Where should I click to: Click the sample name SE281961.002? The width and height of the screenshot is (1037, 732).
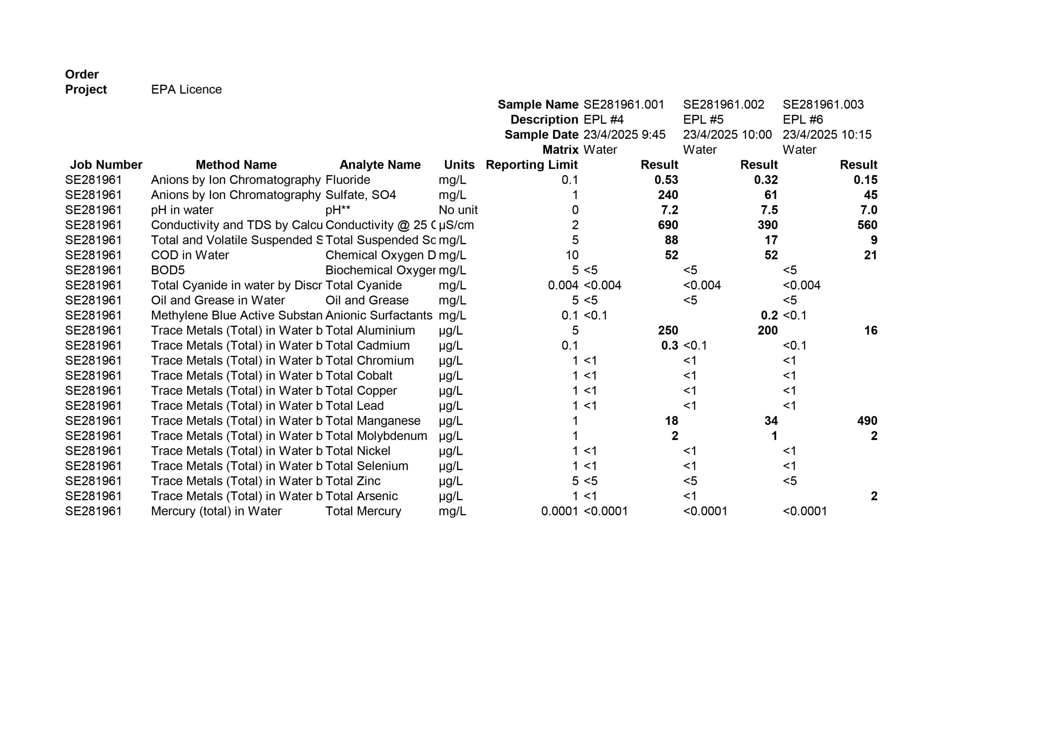coord(723,105)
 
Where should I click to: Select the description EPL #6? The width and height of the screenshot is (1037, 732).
coord(802,120)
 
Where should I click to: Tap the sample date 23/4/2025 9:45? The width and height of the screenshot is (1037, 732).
coord(624,134)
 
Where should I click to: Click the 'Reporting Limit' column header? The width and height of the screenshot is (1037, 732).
coord(531,165)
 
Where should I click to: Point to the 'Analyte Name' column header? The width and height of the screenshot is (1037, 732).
coord(380,165)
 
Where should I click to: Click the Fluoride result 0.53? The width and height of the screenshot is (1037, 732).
coord(666,180)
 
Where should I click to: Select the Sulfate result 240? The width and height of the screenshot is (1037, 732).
coord(668,195)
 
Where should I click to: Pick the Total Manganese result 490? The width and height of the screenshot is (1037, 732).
coord(867,420)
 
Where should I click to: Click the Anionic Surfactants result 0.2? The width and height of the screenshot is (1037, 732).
coord(769,316)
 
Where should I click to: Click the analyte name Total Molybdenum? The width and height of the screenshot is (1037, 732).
coord(376,436)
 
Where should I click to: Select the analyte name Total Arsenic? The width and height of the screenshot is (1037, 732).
coord(361,496)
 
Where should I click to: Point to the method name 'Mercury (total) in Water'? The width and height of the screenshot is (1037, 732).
coord(216,511)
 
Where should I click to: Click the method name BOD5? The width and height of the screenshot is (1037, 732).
coord(168,270)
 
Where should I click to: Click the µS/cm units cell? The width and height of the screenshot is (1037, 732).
coord(456,225)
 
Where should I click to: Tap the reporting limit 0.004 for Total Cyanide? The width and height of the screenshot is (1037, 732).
coord(562,285)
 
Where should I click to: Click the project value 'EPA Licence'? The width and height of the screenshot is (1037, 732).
coord(186,89)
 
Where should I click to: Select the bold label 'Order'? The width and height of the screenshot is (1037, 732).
coord(82,74)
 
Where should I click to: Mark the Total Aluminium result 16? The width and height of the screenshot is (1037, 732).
coord(871,330)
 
